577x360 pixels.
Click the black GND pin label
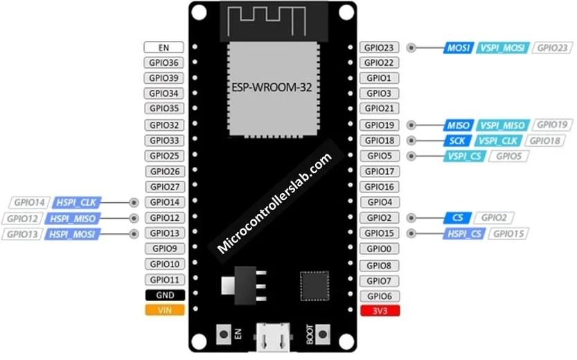coord(164,295)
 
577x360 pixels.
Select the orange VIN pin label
coord(164,310)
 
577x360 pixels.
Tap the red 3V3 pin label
coord(379,311)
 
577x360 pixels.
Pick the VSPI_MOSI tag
coord(503,48)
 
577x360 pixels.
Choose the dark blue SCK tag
coord(456,141)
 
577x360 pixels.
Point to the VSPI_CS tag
coord(465,156)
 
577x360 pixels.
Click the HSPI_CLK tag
coord(77,203)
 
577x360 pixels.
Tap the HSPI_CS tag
coord(465,234)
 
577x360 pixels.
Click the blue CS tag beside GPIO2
coord(456,218)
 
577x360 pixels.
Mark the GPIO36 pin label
coord(164,63)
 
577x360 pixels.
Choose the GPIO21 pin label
coord(379,109)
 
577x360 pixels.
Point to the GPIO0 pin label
coord(379,249)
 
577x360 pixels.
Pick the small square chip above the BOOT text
coord(312,284)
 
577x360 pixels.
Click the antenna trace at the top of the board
coord(272,19)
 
